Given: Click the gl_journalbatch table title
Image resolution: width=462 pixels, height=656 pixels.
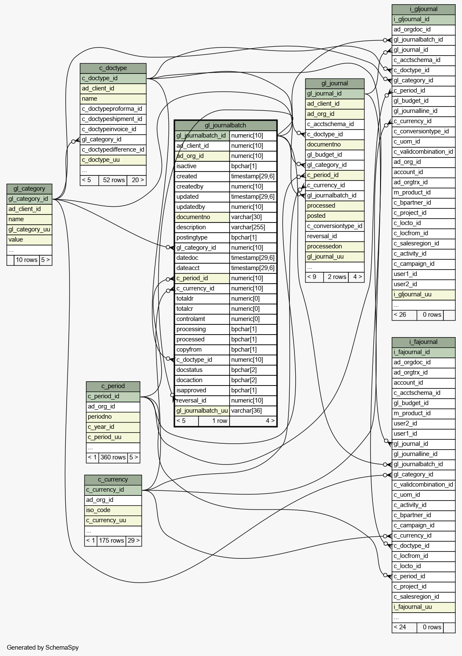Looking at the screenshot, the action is [x=225, y=125].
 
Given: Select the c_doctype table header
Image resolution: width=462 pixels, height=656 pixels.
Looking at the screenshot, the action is [x=113, y=68].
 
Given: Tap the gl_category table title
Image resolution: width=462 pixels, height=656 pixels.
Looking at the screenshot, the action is [x=29, y=189].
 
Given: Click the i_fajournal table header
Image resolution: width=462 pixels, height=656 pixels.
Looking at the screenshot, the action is [x=423, y=342].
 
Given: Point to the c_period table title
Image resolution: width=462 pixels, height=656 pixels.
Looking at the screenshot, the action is [x=113, y=386].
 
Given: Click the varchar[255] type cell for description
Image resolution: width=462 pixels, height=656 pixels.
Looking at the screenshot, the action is [x=253, y=227].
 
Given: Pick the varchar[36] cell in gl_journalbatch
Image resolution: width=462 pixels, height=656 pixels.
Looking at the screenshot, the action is [x=253, y=411].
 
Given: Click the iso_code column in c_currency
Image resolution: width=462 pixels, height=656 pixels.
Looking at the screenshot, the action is [x=113, y=510].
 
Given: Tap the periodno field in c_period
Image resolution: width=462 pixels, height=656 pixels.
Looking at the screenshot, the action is [x=113, y=417].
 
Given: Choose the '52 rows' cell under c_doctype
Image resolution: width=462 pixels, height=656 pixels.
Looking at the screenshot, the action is [x=114, y=180].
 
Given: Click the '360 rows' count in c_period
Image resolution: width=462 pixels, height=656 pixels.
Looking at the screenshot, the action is [x=113, y=457].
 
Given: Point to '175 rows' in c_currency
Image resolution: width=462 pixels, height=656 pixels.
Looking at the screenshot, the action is [x=112, y=541].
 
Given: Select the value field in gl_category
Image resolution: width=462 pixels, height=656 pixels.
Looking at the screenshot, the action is [x=29, y=239].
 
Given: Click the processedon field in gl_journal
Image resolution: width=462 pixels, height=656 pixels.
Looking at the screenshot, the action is [x=335, y=246].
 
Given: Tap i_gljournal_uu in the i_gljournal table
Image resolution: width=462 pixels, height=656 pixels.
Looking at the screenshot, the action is [x=423, y=294].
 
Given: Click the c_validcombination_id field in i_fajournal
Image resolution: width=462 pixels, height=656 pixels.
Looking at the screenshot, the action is [x=423, y=484].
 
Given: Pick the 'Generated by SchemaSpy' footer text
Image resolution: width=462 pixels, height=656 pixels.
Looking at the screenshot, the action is [x=43, y=648].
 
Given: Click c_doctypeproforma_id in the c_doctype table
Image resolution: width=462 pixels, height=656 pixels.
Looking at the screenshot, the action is [x=113, y=109].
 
